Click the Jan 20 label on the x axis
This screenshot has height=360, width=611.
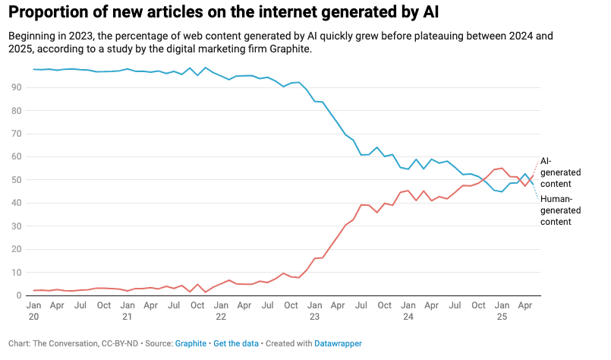tap(34, 310)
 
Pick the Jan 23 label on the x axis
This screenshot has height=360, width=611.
tap(313, 310)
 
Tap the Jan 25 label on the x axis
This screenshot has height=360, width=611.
tap(501, 310)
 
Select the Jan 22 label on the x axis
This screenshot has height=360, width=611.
tap(221, 310)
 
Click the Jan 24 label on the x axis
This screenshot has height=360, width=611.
tap(408, 310)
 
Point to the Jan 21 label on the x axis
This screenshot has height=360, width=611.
tap(128, 310)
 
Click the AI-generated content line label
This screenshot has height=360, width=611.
tap(561, 172)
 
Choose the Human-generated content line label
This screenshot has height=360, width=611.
tap(562, 210)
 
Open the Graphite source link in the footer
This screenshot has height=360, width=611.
tap(191, 343)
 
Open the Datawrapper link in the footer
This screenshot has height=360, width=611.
tap(339, 343)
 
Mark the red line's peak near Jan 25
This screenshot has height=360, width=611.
tap(502, 168)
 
